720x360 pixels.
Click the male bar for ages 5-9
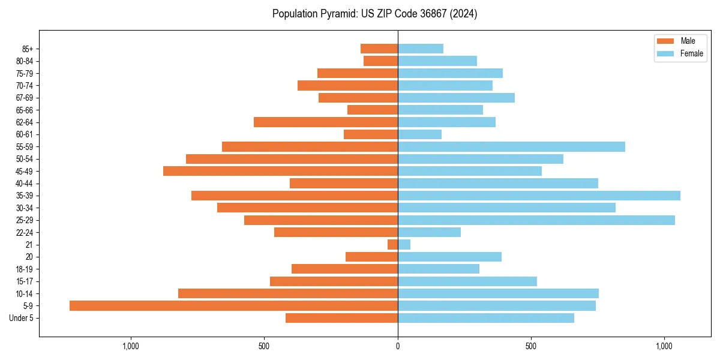coord(233,305)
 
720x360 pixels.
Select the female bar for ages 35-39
coord(539,196)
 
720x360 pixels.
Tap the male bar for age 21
coord(393,244)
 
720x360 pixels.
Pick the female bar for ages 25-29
coord(536,220)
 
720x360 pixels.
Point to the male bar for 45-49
coord(280,171)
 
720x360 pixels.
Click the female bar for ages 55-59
coord(511,146)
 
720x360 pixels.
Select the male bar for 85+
coord(379,49)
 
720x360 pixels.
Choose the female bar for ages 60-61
coord(419,134)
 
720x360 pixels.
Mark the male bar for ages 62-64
coord(326,122)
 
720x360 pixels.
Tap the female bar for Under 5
coord(485,318)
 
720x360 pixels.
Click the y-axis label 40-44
coord(25,184)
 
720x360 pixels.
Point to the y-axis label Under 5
coord(21,318)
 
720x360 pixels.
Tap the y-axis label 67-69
coord(25,98)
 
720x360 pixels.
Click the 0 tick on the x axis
coord(398,346)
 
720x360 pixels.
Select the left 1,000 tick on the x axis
coord(131,346)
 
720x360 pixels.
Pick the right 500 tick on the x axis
coord(531,346)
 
